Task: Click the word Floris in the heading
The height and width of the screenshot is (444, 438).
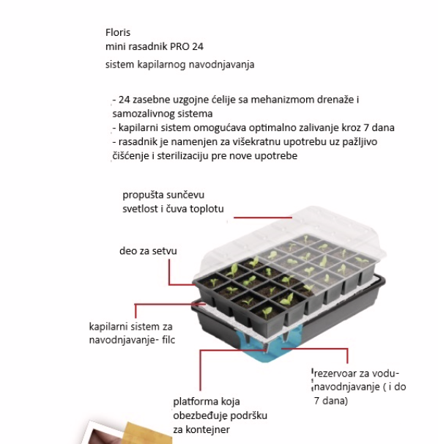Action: click(118, 32)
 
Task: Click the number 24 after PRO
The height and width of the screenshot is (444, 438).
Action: click(198, 46)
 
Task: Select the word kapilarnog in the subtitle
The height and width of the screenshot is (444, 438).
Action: click(161, 65)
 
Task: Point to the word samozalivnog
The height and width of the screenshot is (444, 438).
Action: click(142, 114)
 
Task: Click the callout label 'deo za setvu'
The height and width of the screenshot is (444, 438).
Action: click(148, 251)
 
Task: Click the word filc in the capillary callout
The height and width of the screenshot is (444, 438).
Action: click(168, 339)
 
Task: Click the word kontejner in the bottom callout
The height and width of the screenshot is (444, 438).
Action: click(207, 430)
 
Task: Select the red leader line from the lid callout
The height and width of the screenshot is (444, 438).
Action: click(263, 218)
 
